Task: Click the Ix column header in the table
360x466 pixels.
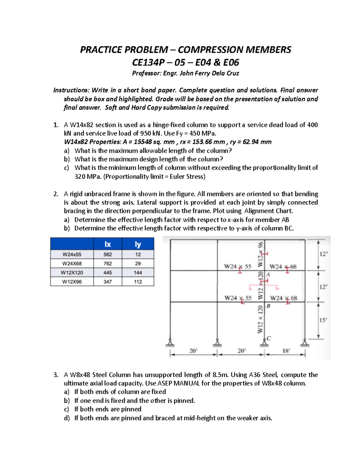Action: [x=107, y=244]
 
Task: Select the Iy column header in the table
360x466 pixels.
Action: [x=138, y=244]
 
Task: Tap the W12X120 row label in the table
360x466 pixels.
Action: [x=72, y=272]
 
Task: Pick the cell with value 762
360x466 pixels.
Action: [x=107, y=263]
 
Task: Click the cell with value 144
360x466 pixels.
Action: [x=138, y=272]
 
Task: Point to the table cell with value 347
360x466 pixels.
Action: [x=107, y=282]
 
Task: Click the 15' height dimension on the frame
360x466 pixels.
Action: [x=323, y=320]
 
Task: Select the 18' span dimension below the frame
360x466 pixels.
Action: [x=286, y=350]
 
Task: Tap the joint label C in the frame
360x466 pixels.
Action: [x=269, y=338]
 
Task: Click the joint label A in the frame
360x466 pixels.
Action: [x=268, y=274]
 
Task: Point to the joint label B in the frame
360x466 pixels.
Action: [x=268, y=306]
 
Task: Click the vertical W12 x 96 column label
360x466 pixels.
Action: [x=260, y=254]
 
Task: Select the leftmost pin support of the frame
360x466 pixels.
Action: [x=170, y=343]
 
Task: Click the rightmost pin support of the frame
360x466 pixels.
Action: [x=305, y=343]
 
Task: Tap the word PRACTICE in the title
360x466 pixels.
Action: [x=101, y=50]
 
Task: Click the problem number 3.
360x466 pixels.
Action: [x=55, y=375]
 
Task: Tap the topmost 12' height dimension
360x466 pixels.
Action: [x=323, y=254]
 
